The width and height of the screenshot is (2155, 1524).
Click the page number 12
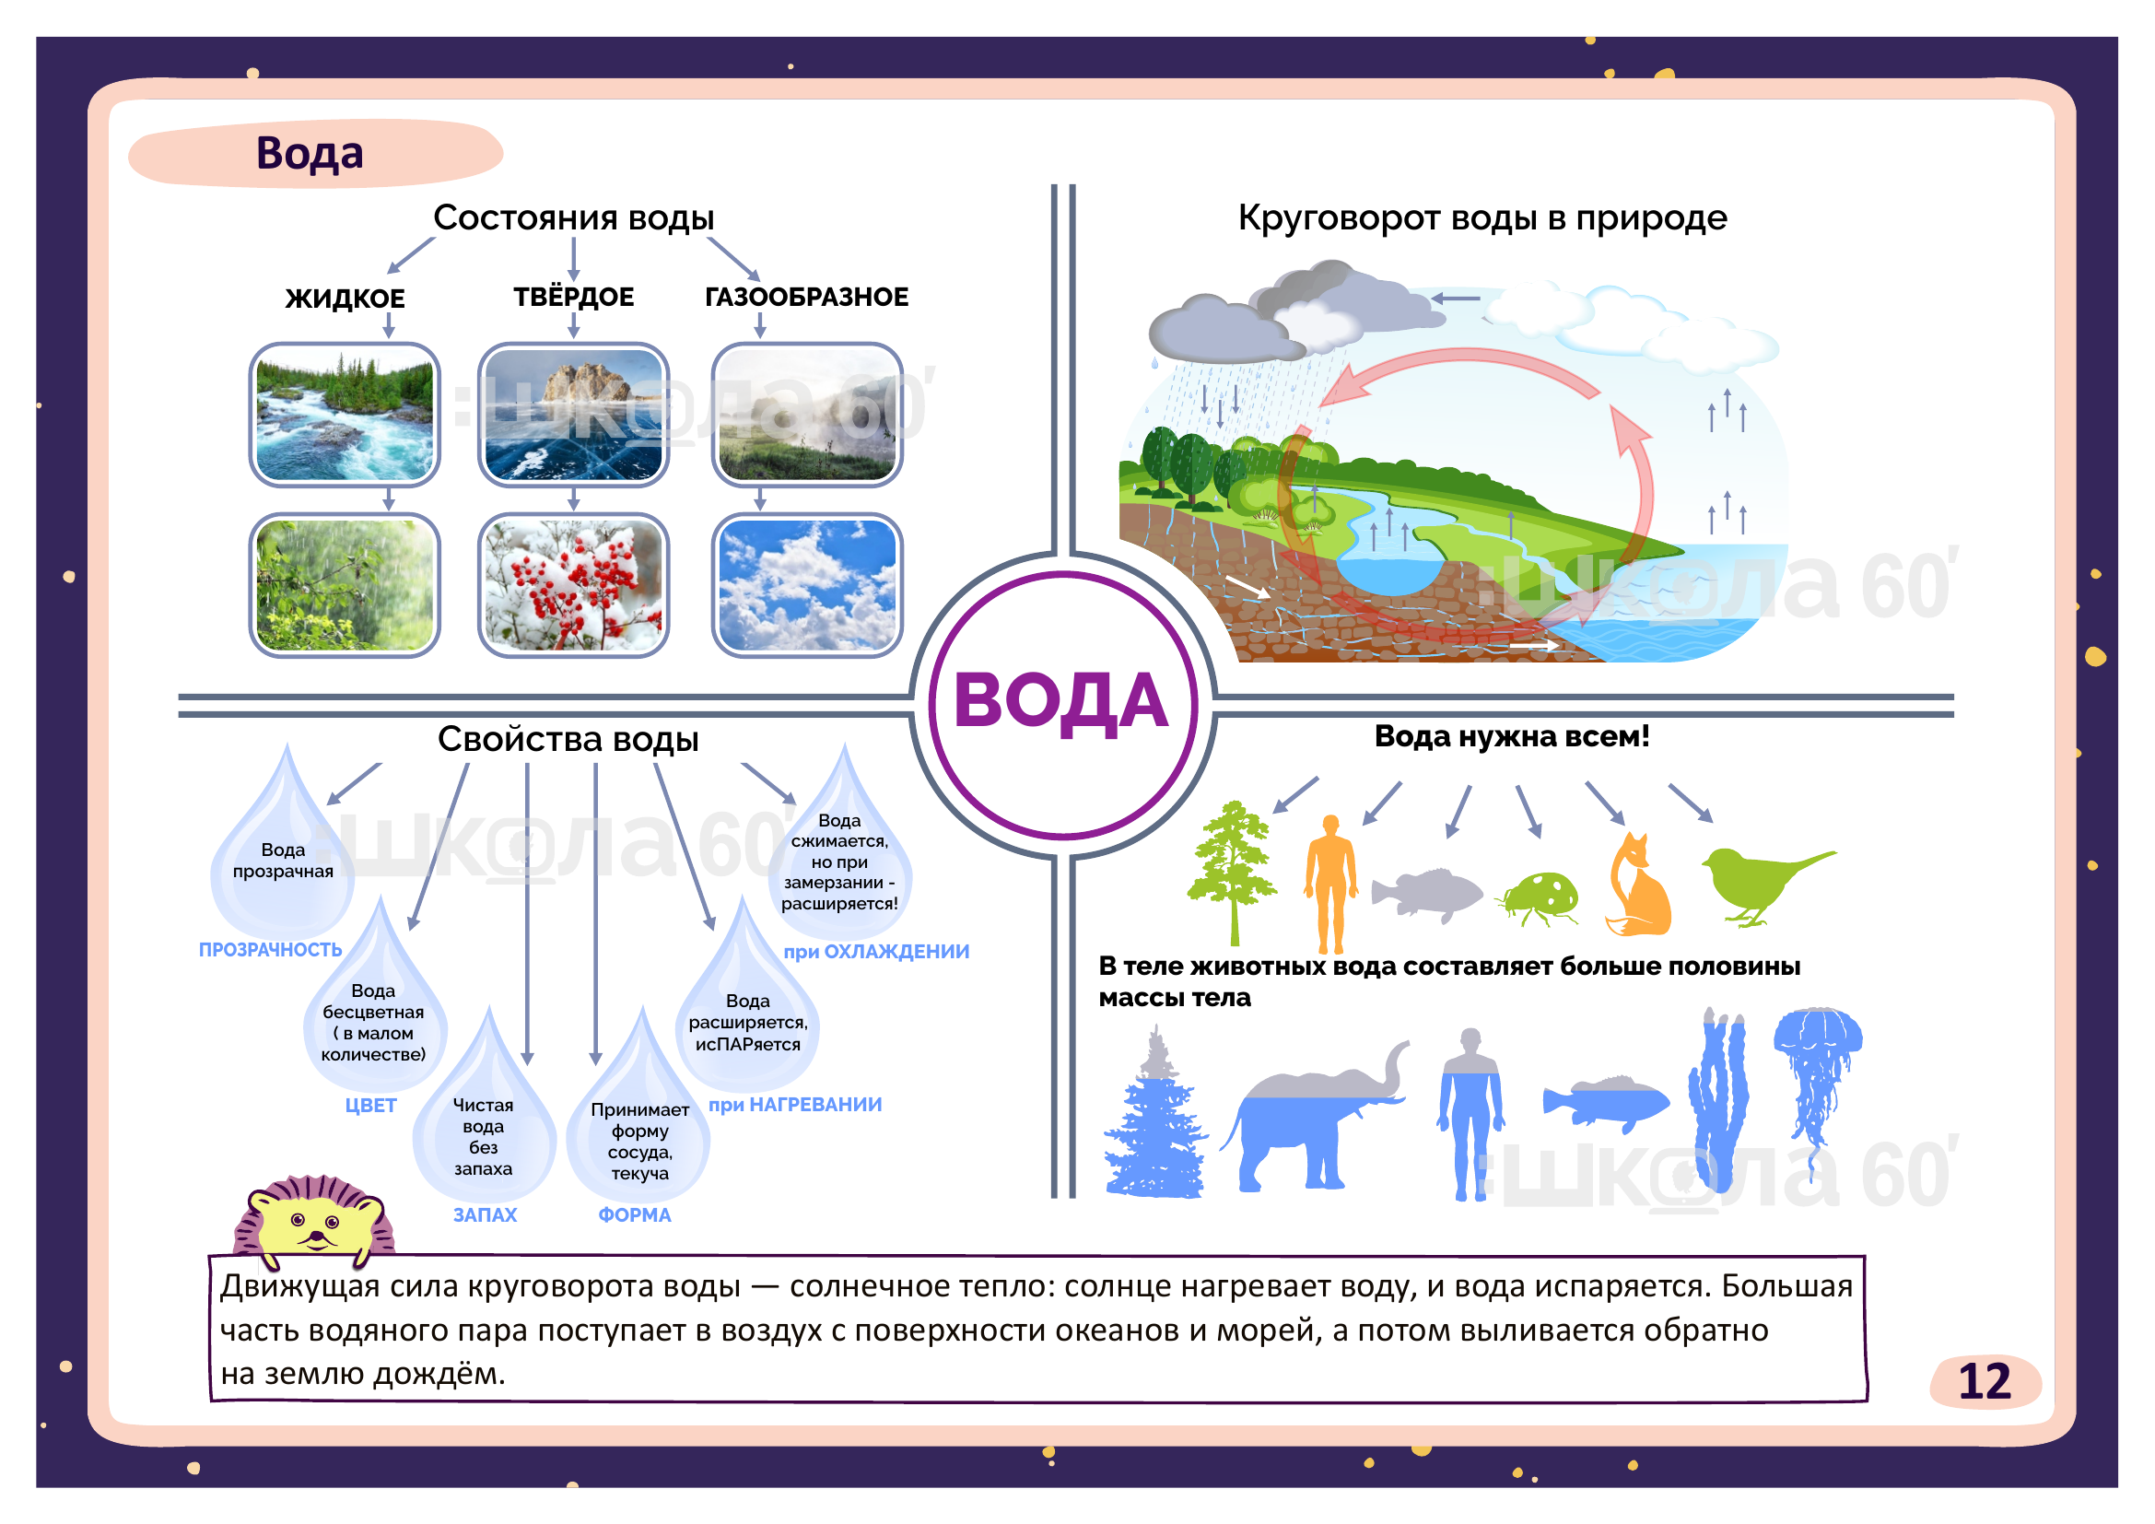click(1984, 1381)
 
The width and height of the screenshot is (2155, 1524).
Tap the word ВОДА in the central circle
click(1061, 701)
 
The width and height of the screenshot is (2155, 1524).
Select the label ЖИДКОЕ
click(345, 299)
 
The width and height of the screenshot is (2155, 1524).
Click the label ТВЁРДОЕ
click(573, 297)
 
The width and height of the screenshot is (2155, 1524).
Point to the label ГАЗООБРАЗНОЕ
click(806, 297)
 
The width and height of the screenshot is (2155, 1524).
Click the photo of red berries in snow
click(573, 586)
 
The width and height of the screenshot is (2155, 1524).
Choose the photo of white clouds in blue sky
click(807, 586)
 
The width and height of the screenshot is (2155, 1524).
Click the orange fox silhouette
click(1637, 886)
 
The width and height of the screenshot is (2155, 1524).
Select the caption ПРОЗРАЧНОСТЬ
click(270, 950)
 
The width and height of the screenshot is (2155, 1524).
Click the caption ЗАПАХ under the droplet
click(485, 1214)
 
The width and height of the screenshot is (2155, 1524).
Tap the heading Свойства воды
click(568, 740)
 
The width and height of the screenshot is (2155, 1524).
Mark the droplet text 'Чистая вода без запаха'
click(484, 1136)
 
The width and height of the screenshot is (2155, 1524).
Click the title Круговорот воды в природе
click(1482, 217)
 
